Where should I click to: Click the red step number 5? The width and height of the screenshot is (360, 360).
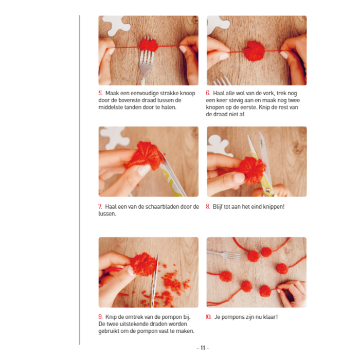pos(100,93)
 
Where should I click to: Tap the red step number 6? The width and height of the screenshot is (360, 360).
pos(208,93)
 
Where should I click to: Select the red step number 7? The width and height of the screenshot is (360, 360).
pos(100,206)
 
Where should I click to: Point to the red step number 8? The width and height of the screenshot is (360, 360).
pos(208,206)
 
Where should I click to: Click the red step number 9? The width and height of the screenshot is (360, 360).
pos(100,317)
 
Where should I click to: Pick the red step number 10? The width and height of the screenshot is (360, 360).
pos(208,317)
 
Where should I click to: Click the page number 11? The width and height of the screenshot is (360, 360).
pos(203,348)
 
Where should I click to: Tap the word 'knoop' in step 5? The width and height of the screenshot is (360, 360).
pos(187,93)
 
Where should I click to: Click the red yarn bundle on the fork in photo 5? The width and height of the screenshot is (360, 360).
pos(149,45)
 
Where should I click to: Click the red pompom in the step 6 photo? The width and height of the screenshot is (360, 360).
pos(254,51)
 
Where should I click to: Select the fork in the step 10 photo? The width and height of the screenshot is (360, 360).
pos(223,255)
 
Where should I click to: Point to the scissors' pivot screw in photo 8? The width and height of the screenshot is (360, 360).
pos(267,190)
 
